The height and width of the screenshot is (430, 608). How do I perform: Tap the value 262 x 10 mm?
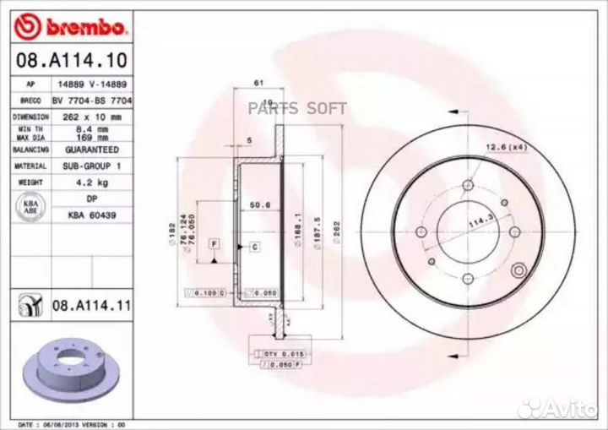click(x=88, y=117)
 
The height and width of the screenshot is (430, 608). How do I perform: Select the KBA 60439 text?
click(x=88, y=215)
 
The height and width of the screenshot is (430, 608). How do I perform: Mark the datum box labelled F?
click(x=215, y=244)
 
